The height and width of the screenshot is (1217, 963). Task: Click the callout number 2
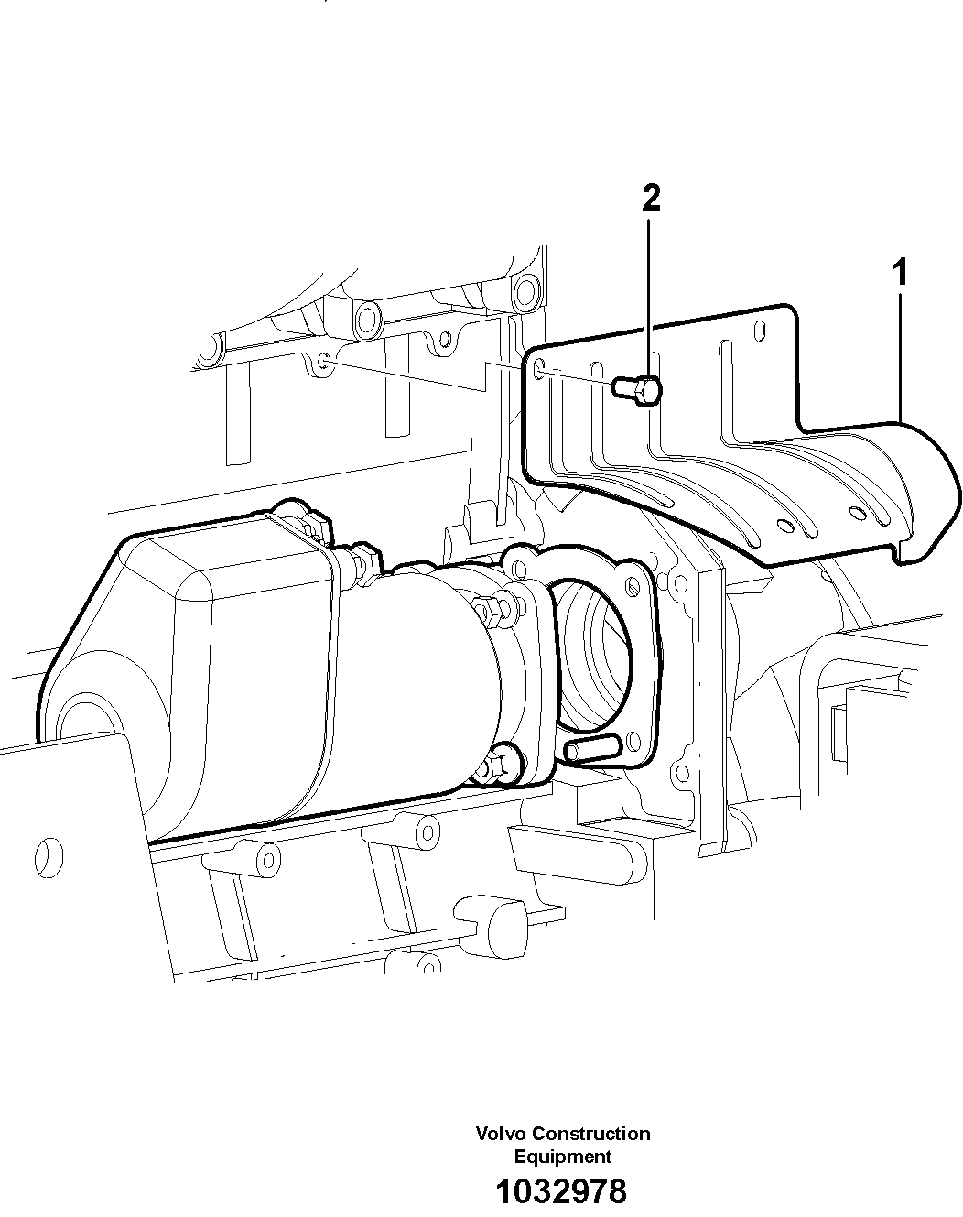(651, 198)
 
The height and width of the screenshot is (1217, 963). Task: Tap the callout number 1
(901, 272)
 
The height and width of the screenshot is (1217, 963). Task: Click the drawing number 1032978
(561, 1191)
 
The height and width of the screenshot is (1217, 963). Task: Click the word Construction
(591, 1134)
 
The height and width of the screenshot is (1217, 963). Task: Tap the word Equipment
(562, 1157)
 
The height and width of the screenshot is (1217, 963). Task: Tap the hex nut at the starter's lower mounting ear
(502, 763)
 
